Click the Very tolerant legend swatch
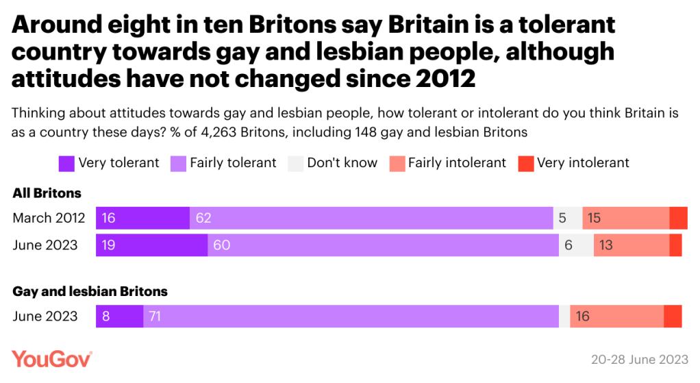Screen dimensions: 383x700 (x=66, y=163)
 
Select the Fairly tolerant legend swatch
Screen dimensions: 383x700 (x=178, y=163)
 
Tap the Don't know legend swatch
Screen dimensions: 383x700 (x=295, y=163)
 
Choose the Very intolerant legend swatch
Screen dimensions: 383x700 (x=525, y=163)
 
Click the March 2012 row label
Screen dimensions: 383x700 (x=49, y=218)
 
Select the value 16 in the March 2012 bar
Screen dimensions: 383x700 (x=108, y=218)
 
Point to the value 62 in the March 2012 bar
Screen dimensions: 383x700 (x=203, y=218)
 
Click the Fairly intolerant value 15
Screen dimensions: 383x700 (x=595, y=218)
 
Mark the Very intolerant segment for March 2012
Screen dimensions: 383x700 (x=678, y=218)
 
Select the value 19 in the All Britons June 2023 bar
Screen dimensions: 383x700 (x=108, y=245)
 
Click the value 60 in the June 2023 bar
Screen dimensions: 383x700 (x=221, y=245)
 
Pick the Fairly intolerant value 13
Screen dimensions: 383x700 (x=605, y=245)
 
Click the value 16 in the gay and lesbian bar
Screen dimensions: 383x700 (x=582, y=317)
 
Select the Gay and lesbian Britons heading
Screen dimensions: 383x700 (x=90, y=291)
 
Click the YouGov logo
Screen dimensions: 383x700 (x=52, y=359)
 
